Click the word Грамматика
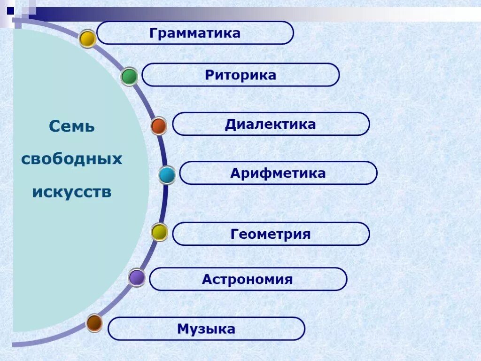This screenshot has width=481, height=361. click(x=195, y=33)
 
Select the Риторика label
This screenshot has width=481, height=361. click(x=240, y=75)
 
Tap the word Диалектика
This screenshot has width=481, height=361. click(x=270, y=125)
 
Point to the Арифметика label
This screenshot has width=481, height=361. click(x=278, y=173)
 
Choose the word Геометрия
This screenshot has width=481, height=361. click(x=271, y=234)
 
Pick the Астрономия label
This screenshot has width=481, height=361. click(x=247, y=279)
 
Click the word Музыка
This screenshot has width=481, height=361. click(x=206, y=329)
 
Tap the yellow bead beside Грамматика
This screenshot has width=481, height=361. click(x=87, y=39)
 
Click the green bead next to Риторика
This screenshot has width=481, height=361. click(x=129, y=76)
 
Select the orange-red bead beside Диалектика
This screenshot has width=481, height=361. click(x=159, y=126)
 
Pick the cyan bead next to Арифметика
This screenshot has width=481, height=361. click(x=167, y=175)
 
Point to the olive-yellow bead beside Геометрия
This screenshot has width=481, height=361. click(x=159, y=232)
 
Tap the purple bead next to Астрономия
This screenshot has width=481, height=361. click(x=137, y=277)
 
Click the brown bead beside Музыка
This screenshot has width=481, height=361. click(x=94, y=323)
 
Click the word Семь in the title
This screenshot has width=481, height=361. click(x=72, y=126)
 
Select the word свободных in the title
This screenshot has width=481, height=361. click(x=71, y=159)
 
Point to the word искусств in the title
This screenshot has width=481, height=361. click(x=72, y=192)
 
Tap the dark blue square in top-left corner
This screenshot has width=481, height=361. click(x=10, y=9)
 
